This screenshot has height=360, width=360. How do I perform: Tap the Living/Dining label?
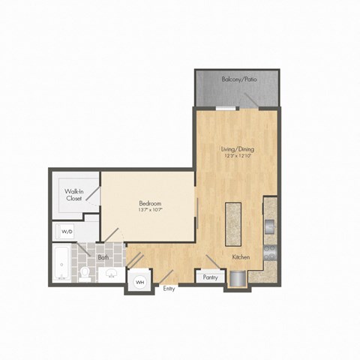pos(240,148)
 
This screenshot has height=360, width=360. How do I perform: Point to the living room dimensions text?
pos(240,156)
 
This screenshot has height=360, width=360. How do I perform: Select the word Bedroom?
pos(151,203)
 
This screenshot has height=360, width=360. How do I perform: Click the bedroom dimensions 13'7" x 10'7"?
pos(151,211)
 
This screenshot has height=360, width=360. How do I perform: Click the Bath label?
pos(103,256)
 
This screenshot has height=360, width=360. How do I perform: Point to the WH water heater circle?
pos(139,282)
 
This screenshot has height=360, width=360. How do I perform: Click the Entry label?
pos(169,289)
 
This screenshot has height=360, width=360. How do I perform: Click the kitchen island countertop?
pos(232,223)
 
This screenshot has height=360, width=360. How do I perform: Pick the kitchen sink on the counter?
pos(271,225)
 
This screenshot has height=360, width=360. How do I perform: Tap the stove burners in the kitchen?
pos(271,251)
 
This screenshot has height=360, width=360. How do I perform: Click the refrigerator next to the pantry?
pos(238,277)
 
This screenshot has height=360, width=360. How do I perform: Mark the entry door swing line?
pos(166,276)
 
